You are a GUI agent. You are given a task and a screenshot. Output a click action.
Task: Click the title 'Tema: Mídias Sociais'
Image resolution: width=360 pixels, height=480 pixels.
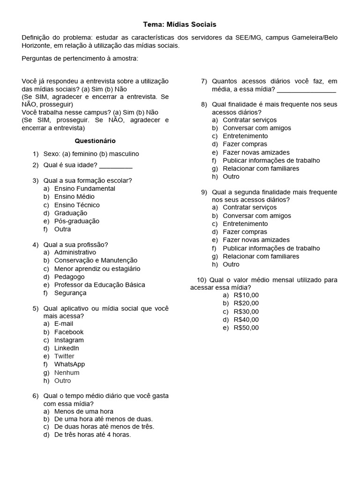[180, 24]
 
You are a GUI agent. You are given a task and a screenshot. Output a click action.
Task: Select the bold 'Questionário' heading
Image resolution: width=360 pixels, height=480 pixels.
[95, 141]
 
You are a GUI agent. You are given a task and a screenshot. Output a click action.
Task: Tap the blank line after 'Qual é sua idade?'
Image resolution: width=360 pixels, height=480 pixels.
[116, 165]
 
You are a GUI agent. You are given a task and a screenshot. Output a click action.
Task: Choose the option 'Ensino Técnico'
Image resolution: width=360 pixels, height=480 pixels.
[77, 205]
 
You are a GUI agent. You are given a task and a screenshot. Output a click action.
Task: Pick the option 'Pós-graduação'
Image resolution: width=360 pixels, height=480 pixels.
[77, 221]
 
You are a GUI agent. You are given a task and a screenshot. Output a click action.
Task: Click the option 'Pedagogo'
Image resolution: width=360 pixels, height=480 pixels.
[69, 277]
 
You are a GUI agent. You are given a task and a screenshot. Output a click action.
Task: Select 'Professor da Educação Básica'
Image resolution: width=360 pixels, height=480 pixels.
[99, 285]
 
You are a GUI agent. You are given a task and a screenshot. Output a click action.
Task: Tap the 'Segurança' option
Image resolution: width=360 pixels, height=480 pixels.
[70, 293]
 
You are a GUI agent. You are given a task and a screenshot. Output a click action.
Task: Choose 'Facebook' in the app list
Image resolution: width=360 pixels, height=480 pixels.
[69, 332]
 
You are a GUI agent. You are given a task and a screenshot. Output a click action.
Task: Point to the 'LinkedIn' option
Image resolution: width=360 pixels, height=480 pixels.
[67, 348]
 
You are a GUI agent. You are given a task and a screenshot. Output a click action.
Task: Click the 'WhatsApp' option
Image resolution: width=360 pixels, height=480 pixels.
[69, 364]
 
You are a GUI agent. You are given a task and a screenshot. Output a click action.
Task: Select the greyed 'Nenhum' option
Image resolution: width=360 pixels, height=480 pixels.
[67, 373]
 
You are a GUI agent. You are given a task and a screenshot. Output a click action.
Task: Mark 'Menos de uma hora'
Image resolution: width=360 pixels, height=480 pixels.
[84, 412]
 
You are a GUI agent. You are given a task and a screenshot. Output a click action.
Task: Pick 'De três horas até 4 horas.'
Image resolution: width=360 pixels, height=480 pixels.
[92, 435]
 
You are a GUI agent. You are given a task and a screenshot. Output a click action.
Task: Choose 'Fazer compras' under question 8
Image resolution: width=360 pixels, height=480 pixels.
[245, 144]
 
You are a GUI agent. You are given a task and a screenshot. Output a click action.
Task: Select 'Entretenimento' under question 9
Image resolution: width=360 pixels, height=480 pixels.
[245, 224]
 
